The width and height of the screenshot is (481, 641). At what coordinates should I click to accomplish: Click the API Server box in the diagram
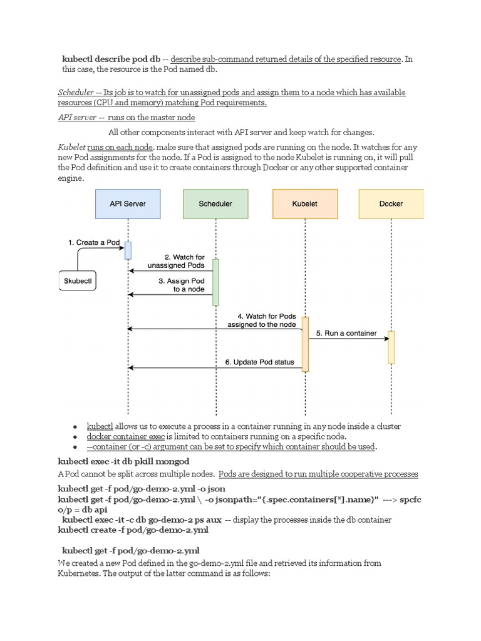128,204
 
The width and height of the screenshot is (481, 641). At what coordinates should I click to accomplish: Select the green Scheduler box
215,204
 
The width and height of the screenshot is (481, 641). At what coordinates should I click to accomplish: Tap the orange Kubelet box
304,204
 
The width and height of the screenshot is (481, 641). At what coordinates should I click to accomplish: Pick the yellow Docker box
391,204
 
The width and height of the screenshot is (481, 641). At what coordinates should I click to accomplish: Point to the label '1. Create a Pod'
94,242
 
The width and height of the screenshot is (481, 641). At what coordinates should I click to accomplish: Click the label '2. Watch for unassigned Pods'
176,261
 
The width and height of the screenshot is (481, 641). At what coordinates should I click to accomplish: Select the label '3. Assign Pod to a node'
181,285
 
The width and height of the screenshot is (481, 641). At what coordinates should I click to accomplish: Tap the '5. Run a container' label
346,333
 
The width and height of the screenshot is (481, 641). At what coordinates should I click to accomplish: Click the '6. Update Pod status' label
259,362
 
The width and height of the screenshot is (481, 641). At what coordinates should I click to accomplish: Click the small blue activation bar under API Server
128,250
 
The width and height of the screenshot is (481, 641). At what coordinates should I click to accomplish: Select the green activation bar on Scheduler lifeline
215,282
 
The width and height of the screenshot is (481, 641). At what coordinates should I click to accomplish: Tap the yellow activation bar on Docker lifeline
391,347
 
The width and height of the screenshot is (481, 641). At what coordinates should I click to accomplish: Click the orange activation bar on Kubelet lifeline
305,344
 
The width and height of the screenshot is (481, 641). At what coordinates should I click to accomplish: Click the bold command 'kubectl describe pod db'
111,59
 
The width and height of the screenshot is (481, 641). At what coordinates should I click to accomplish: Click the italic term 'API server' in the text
77,117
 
